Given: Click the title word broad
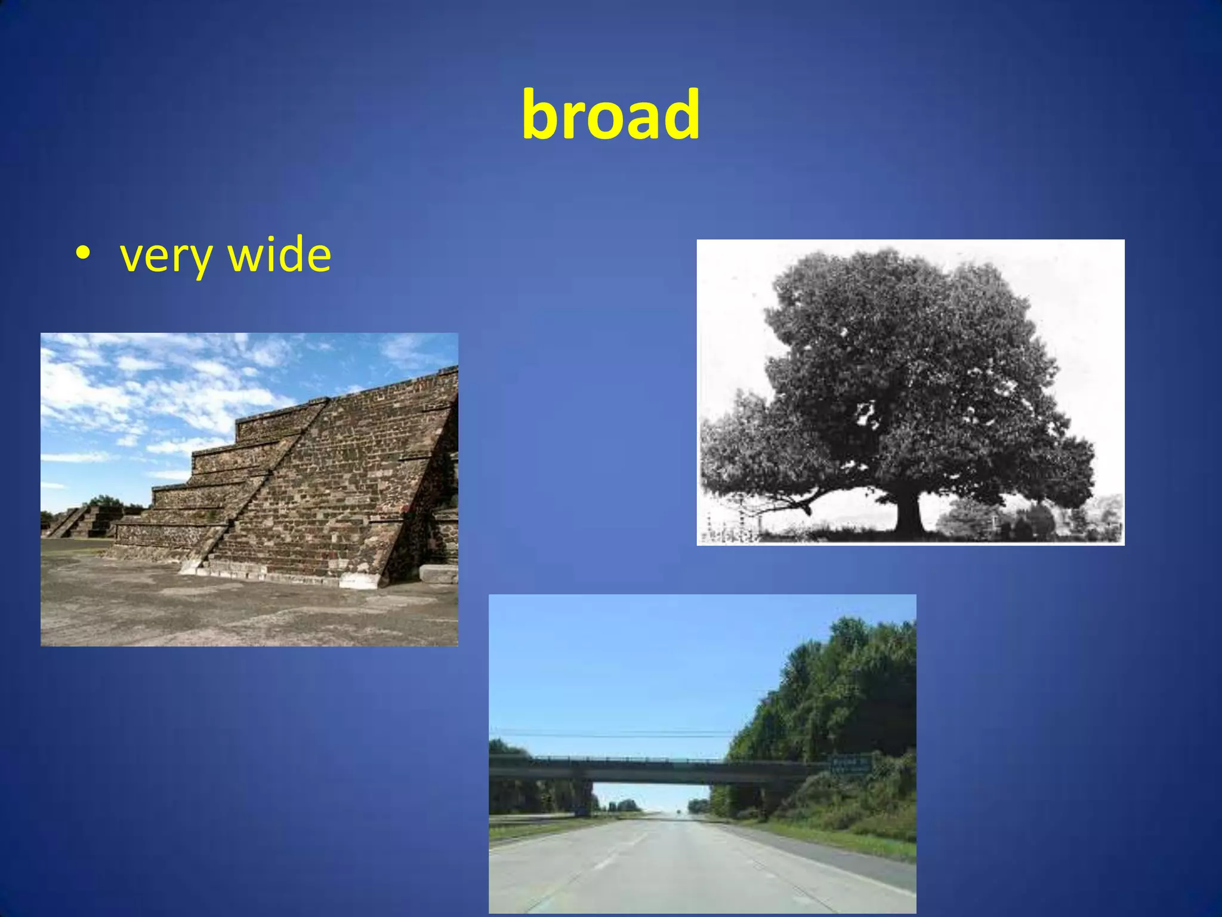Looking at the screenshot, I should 610,115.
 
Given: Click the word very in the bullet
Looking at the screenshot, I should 166,256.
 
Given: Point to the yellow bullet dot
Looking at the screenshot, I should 83,253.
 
